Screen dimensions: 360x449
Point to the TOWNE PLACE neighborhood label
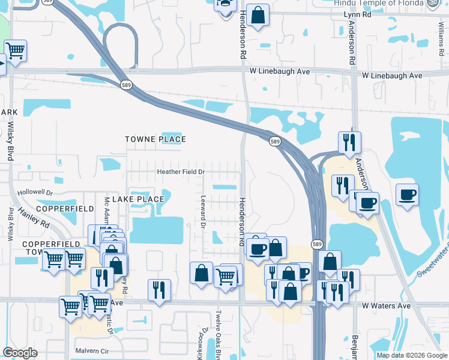point(155,139)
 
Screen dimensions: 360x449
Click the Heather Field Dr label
point(181,172)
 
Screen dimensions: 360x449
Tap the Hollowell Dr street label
point(35,193)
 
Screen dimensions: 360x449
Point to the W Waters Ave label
point(387,305)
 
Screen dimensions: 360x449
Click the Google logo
point(20,353)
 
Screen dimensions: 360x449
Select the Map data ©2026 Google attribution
point(412,355)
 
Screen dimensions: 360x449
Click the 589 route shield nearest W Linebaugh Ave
point(125,85)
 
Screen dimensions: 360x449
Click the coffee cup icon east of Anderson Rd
point(408,194)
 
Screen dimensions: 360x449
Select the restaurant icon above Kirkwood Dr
point(159,290)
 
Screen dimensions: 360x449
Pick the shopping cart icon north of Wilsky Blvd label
point(15,50)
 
